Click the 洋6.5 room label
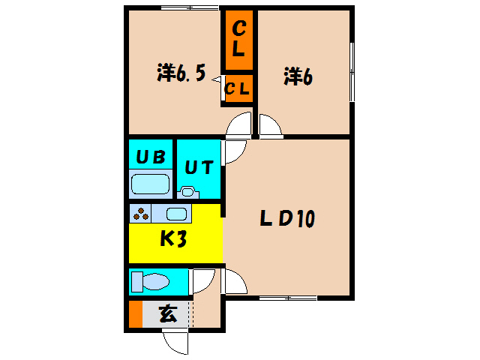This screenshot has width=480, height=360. coord(181,73)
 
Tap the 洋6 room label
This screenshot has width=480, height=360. coord(298,76)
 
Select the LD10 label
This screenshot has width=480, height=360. coord(287,218)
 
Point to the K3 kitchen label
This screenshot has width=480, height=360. coord(173,238)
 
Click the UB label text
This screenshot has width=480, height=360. coord(151,157)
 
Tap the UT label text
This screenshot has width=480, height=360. coord(199,167)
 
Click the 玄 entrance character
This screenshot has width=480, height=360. coord(168,314)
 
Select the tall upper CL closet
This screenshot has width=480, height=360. coord(239,40)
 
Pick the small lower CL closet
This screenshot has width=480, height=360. coord(239,88)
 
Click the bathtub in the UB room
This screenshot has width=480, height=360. coord(150,184)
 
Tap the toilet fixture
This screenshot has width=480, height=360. coord(150,282)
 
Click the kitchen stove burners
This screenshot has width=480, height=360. coord(141,214)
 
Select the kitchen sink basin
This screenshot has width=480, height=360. coord(176,214)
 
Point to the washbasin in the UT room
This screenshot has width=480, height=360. coord(188,193)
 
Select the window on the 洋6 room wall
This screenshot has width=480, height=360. coord(352,72)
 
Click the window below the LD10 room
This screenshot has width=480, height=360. coord(288,298)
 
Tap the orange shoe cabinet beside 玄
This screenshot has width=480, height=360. coord(136,314)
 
